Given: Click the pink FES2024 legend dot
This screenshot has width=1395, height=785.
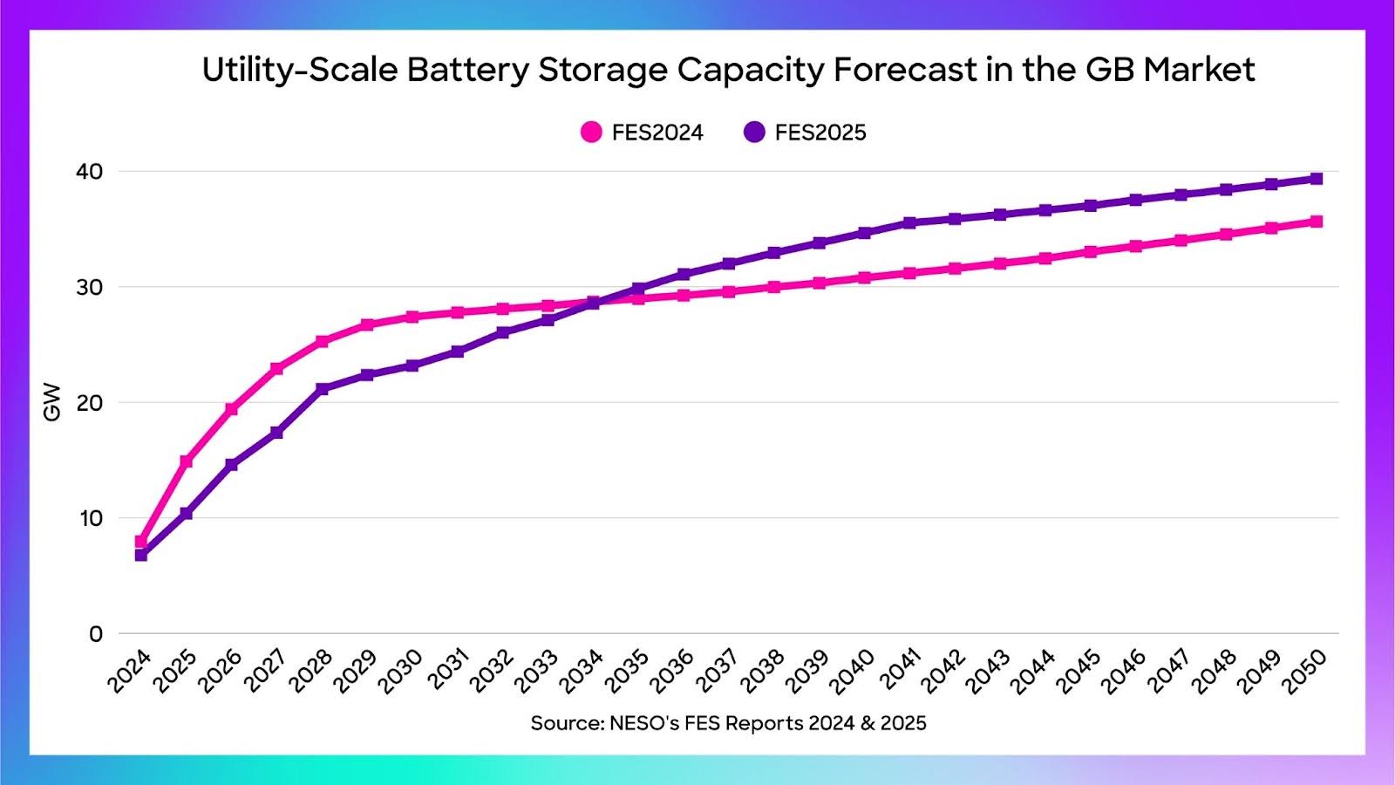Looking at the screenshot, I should click(x=591, y=133).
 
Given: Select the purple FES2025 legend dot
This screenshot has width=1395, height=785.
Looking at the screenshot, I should click(x=754, y=133).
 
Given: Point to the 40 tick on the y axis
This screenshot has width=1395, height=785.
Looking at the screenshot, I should click(x=90, y=172).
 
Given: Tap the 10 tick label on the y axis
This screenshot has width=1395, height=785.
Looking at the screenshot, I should click(x=90, y=518).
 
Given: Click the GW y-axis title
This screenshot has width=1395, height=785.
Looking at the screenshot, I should click(x=52, y=402).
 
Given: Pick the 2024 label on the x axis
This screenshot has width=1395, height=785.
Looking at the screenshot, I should click(x=130, y=671).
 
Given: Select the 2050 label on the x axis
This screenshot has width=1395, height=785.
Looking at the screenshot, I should click(x=1305, y=671).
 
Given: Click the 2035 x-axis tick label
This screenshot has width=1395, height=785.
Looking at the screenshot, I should click(x=628, y=671).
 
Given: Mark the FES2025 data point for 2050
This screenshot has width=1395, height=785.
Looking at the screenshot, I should click(x=1317, y=179).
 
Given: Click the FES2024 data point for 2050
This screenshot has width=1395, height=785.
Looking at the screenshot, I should click(x=1317, y=222).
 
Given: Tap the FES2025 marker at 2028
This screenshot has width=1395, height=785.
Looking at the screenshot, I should click(x=322, y=388).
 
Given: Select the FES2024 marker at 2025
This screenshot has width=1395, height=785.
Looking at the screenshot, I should click(x=187, y=461).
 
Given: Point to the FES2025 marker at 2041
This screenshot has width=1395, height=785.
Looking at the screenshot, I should click(x=909, y=222).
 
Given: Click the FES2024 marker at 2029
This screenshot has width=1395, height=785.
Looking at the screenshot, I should click(x=367, y=324).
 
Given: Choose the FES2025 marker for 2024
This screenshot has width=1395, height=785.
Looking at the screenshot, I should click(x=141, y=555).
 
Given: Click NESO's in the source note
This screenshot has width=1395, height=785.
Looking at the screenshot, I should click(x=643, y=723).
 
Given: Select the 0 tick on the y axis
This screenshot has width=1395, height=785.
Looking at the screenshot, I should click(x=96, y=634).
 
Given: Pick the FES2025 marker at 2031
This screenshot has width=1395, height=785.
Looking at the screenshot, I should click(x=458, y=352).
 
